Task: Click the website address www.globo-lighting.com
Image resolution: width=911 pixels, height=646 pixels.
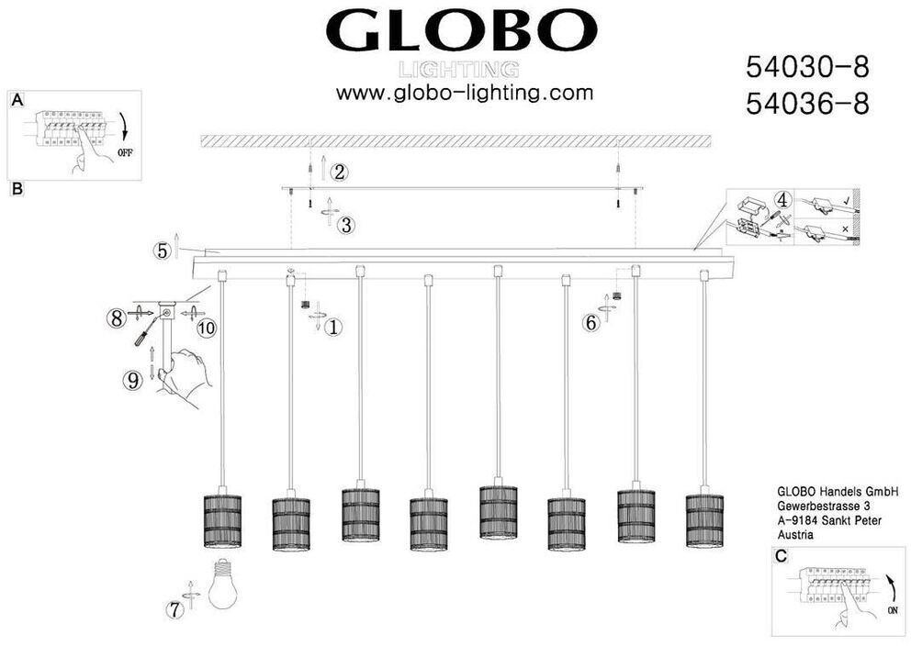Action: coord(464,93)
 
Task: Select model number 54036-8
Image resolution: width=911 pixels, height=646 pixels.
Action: coord(806,104)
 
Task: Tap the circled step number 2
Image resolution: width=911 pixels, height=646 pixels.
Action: coord(340,172)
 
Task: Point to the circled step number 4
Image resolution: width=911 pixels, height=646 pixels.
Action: coord(782,198)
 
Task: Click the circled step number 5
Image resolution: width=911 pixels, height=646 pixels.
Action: coord(163,250)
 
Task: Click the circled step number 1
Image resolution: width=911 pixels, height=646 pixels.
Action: coord(334,326)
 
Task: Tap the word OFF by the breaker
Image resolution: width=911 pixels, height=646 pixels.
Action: coord(126,153)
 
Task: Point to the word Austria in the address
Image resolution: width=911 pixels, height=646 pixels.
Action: coord(795,533)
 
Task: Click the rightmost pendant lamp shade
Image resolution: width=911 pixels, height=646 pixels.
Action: coord(704,522)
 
